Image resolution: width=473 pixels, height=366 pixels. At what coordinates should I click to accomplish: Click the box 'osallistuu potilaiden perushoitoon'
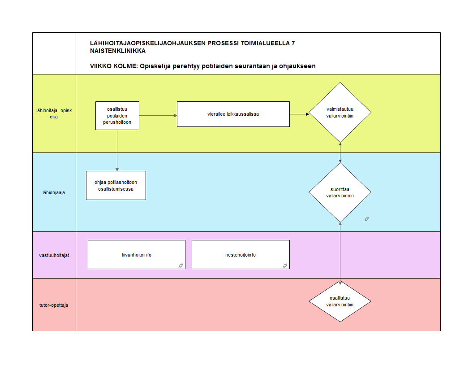tap(117, 116)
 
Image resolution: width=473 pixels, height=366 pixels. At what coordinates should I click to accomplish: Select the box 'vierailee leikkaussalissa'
tap(233, 114)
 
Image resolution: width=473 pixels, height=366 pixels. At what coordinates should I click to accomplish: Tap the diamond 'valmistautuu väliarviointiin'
tap(340, 113)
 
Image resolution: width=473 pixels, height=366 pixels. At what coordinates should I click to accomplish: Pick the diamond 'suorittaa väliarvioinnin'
tap(340, 192)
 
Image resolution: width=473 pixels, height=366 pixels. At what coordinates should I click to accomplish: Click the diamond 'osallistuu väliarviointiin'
tap(340, 301)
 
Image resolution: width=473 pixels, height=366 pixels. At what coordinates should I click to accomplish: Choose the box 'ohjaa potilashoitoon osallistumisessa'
tap(116, 185)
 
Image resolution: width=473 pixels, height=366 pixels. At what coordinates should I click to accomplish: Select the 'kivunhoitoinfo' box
tap(136, 255)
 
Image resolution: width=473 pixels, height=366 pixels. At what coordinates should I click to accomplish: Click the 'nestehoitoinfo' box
tap(241, 255)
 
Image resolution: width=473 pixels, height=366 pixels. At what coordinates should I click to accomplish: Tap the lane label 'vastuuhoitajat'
tap(54, 256)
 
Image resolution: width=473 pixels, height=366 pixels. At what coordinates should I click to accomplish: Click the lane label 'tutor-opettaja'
tap(54, 305)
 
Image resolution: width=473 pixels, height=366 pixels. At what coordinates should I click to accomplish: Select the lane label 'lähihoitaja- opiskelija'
tap(54, 113)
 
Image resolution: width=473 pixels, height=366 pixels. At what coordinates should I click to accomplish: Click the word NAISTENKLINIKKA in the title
tap(118, 51)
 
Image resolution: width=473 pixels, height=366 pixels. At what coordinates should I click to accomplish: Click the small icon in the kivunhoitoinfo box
tap(181, 266)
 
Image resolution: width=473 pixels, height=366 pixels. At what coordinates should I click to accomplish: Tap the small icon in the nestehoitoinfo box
tap(285, 266)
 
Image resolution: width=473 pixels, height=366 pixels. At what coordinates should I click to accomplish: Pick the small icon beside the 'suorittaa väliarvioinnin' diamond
tap(366, 219)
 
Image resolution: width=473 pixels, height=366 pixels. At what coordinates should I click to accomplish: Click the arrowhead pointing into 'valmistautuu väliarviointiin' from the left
tap(307, 114)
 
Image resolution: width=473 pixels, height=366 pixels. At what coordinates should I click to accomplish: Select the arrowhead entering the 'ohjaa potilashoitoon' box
tap(117, 169)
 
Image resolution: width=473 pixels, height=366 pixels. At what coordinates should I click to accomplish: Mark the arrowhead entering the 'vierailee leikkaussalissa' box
tap(175, 115)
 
